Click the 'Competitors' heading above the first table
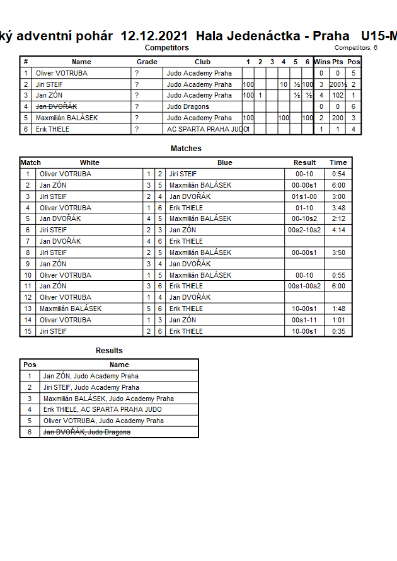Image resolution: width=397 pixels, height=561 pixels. click(166, 47)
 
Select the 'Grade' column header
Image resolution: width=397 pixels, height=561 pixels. click(147, 62)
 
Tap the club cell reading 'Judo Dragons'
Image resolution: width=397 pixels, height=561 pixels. click(188, 106)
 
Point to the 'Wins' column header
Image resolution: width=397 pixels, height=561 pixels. click(321, 62)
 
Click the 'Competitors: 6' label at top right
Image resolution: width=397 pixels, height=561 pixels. click(355, 47)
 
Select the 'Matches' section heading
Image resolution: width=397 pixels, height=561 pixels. click(186, 149)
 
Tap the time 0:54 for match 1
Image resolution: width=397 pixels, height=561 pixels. click(338, 174)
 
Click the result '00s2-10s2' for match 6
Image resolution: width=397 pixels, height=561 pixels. click(304, 230)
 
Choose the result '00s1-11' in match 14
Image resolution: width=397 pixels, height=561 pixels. click(304, 320)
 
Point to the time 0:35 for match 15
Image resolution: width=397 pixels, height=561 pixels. click(338, 331)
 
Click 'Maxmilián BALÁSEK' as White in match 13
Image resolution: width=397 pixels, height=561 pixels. click(71, 309)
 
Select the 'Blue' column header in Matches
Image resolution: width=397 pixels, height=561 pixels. click(225, 162)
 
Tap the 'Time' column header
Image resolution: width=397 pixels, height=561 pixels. click(338, 162)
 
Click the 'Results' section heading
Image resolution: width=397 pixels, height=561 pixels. click(109, 351)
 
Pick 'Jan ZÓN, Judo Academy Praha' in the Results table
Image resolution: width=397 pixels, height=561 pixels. click(91, 376)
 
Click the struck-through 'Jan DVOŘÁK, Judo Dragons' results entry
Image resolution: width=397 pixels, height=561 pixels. click(87, 432)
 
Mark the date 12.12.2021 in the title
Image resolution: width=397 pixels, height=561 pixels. click(155, 36)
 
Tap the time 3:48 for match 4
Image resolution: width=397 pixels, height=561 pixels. click(338, 208)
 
